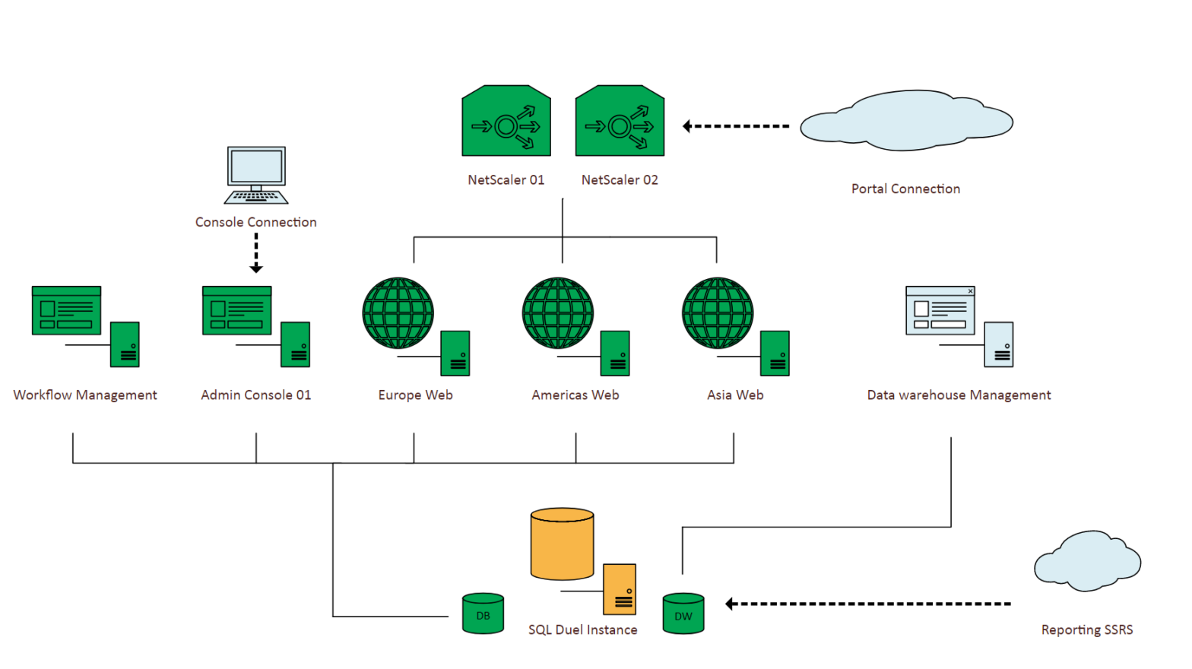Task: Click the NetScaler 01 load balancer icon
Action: coord(506,122)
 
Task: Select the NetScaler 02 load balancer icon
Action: coord(620,122)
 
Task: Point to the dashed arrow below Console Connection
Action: coord(256,252)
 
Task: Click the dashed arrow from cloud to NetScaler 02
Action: coord(735,126)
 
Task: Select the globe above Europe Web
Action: coord(398,313)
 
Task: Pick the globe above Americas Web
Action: coord(558,313)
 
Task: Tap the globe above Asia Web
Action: coord(718,313)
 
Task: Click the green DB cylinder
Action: coord(483,614)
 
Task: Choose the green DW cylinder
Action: coord(683,614)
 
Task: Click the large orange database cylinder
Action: coord(562,544)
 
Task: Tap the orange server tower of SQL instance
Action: coord(620,589)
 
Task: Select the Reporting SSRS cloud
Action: coord(1087,563)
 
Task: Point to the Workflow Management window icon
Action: coord(66,311)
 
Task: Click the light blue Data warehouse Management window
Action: coord(940,311)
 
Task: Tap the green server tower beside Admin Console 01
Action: coord(295,344)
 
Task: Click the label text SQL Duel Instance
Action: coord(583,629)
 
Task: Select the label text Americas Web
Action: coord(575,395)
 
